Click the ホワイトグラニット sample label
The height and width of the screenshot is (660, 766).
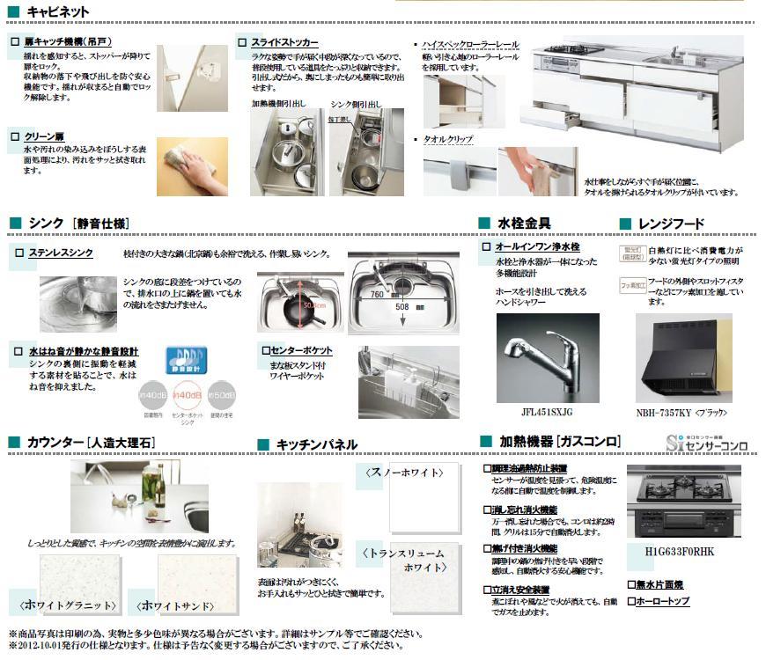67,605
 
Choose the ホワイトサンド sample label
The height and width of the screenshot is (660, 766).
179,605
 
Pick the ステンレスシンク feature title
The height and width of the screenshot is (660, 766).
60,253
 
